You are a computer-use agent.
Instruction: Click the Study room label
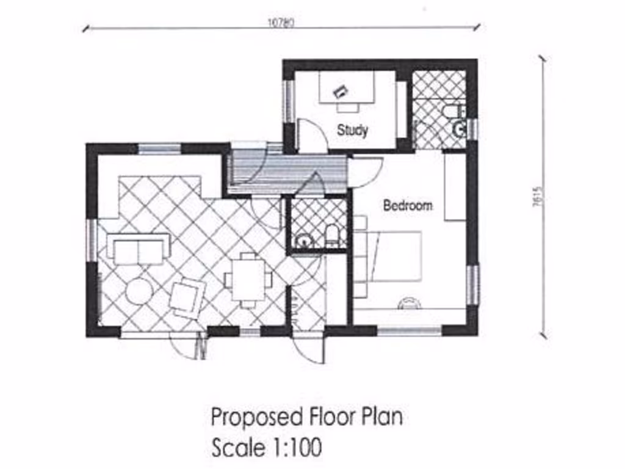(352, 130)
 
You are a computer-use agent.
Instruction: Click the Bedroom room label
(407, 206)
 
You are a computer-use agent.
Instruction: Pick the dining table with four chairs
(248, 280)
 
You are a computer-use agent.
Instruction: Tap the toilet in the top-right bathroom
(454, 112)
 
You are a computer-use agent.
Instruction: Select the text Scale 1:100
(266, 448)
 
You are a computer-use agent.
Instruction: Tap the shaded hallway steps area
(287, 168)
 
